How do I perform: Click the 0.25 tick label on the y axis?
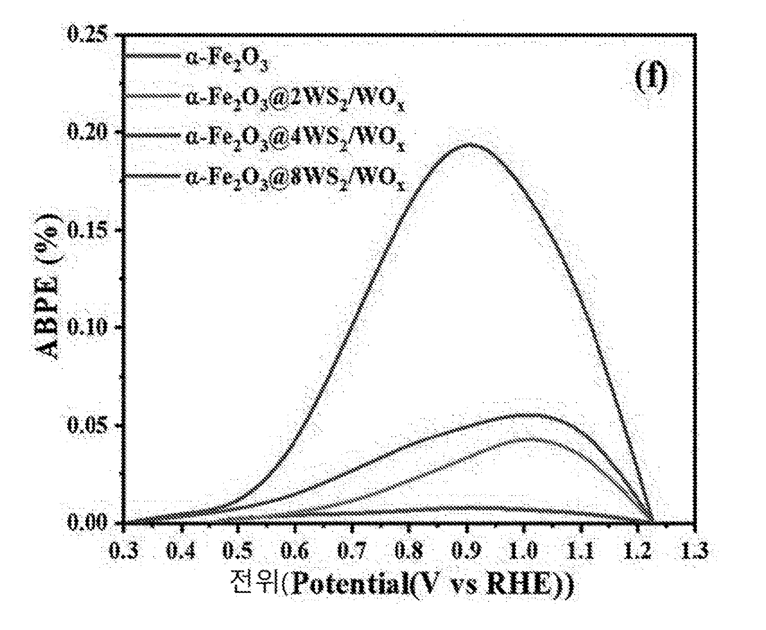coord(87,34)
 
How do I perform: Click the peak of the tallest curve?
coord(468,143)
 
